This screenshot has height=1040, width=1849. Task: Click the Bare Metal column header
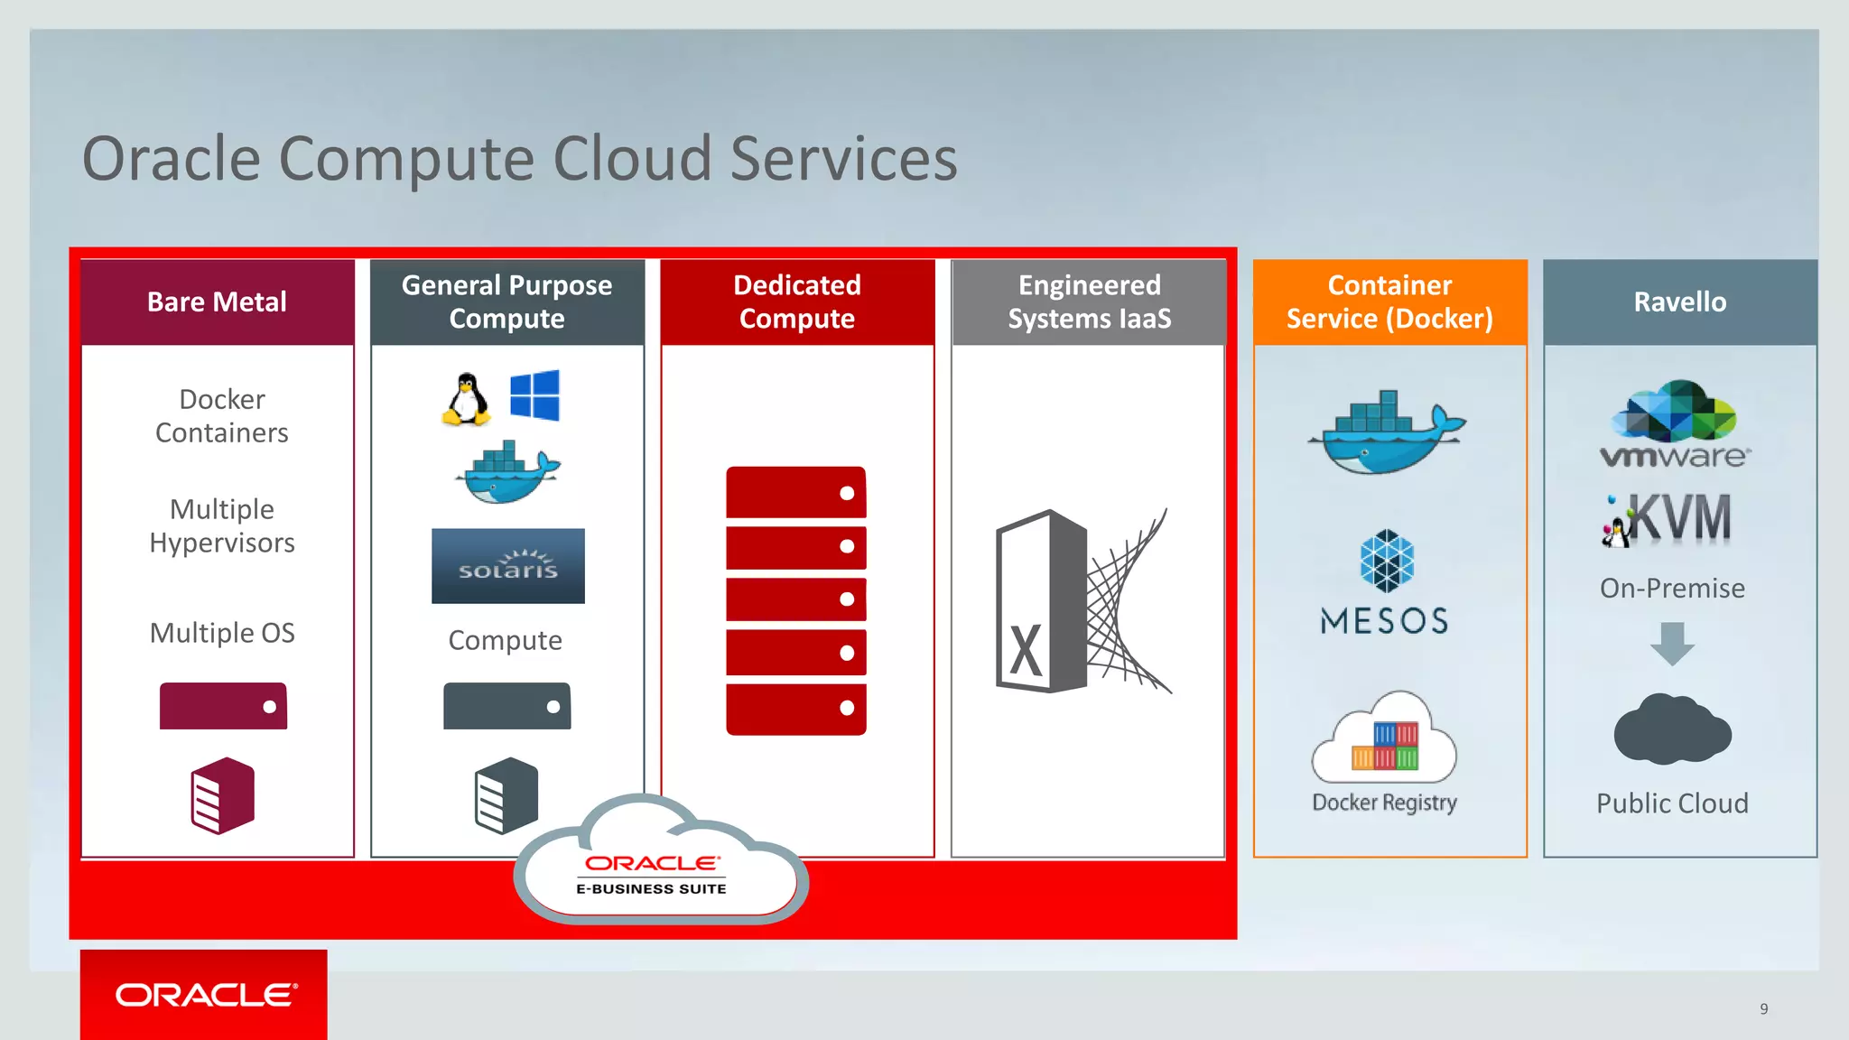[217, 302]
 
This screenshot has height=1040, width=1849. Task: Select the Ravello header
[1679, 302]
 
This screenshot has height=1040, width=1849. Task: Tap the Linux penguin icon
[466, 398]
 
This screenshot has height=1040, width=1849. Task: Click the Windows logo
[534, 395]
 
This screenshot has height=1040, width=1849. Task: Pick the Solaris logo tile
[507, 566]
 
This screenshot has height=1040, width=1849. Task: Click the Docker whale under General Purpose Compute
[507, 473]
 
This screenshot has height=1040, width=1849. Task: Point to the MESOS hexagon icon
[1387, 560]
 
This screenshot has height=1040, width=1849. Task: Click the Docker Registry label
[1384, 803]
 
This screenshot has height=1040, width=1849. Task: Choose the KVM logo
[1668, 519]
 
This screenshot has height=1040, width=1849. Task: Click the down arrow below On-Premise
[1672, 643]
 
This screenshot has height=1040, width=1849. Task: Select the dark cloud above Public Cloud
[1672, 729]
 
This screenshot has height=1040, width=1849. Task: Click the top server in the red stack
[795, 493]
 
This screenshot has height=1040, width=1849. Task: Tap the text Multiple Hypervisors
[222, 525]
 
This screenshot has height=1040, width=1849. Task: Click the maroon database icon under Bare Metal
[222, 795]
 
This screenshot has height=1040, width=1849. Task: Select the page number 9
[1763, 1008]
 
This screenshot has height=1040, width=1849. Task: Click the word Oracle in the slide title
[172, 159]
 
